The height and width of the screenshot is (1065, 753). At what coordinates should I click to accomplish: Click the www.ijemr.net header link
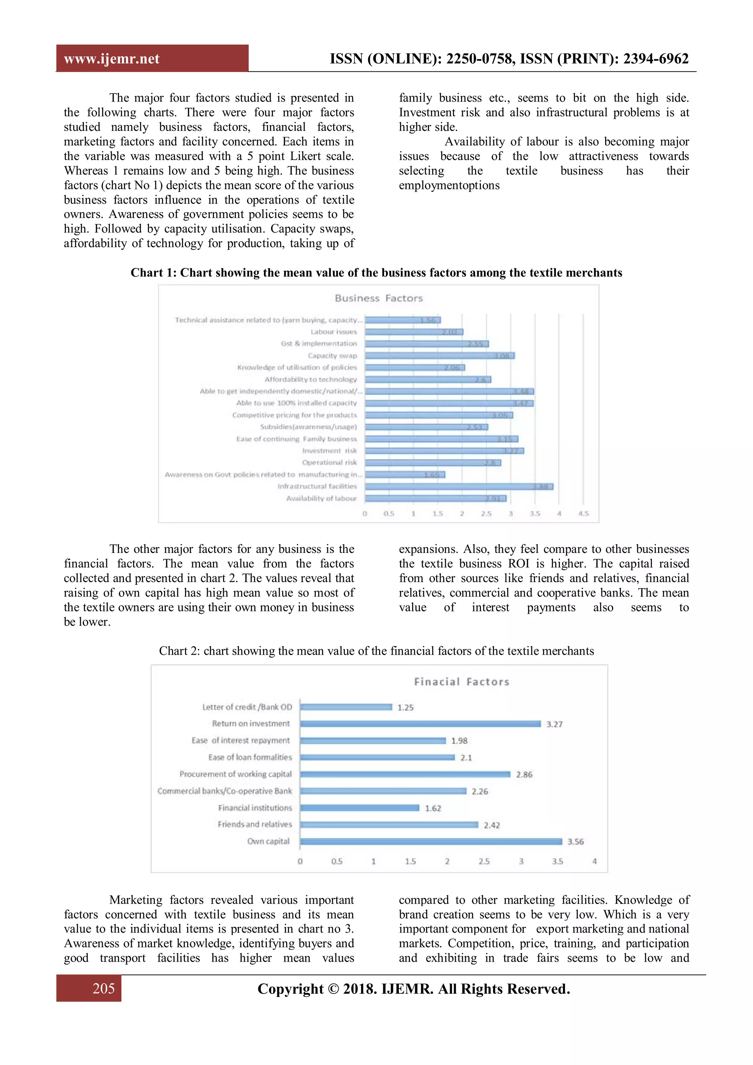click(111, 59)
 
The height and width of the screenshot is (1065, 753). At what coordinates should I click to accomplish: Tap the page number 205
click(103, 988)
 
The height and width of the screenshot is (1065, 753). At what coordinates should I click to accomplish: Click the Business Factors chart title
click(379, 298)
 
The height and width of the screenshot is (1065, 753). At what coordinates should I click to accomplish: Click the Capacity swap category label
click(332, 356)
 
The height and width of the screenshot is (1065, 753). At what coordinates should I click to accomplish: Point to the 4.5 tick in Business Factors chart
click(583, 514)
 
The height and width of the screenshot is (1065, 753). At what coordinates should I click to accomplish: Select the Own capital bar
click(431, 841)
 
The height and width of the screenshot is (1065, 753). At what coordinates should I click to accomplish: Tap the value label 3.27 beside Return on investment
click(554, 724)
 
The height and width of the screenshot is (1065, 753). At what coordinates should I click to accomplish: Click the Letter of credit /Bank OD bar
click(346, 707)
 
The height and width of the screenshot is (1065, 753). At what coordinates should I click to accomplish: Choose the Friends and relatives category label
click(255, 824)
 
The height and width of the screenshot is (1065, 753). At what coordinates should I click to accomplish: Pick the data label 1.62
click(433, 808)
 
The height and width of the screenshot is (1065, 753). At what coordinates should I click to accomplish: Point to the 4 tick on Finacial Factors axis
click(594, 861)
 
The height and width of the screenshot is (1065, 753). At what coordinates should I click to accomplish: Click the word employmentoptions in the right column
click(449, 186)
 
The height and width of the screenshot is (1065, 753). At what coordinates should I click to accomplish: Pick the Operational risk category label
click(329, 462)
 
